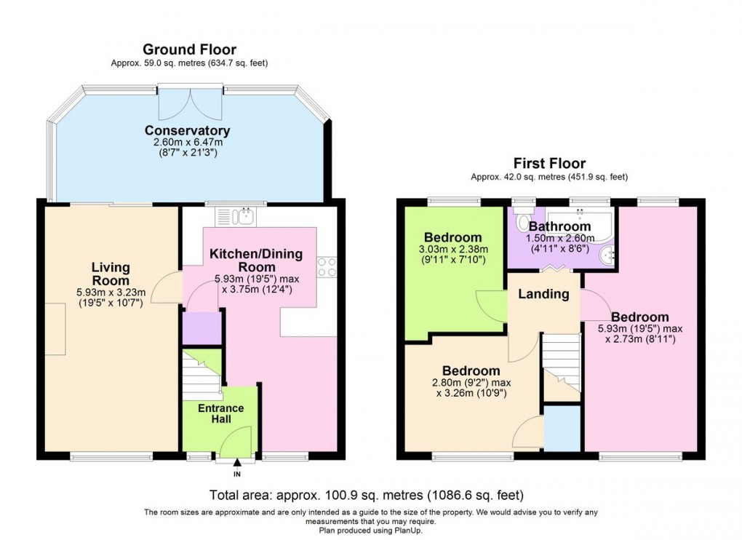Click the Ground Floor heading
tap(189, 49)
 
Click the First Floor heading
tap(549, 163)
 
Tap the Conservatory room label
tap(187, 130)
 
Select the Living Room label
tap(111, 274)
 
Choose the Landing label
tap(543, 294)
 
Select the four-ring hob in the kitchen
tap(327, 267)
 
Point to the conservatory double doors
tap(191, 102)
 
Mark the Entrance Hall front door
tap(236, 441)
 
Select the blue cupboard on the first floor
tap(562, 429)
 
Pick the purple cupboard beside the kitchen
tap(202, 327)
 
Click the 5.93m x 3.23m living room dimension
tap(111, 293)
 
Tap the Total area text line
tap(367, 496)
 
